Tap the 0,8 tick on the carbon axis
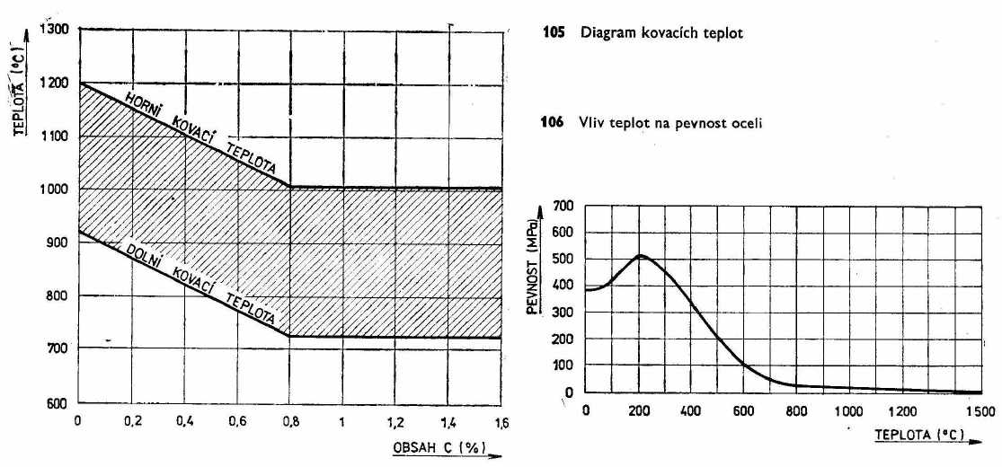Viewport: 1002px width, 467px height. [289, 421]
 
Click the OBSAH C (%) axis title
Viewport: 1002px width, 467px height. [431, 445]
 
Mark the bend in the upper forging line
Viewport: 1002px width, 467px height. [289, 187]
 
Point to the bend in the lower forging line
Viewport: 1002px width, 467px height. [289, 337]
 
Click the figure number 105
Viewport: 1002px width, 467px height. [553, 34]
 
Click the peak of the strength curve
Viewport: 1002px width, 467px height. [641, 256]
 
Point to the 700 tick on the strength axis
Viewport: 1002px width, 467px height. [563, 206]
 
